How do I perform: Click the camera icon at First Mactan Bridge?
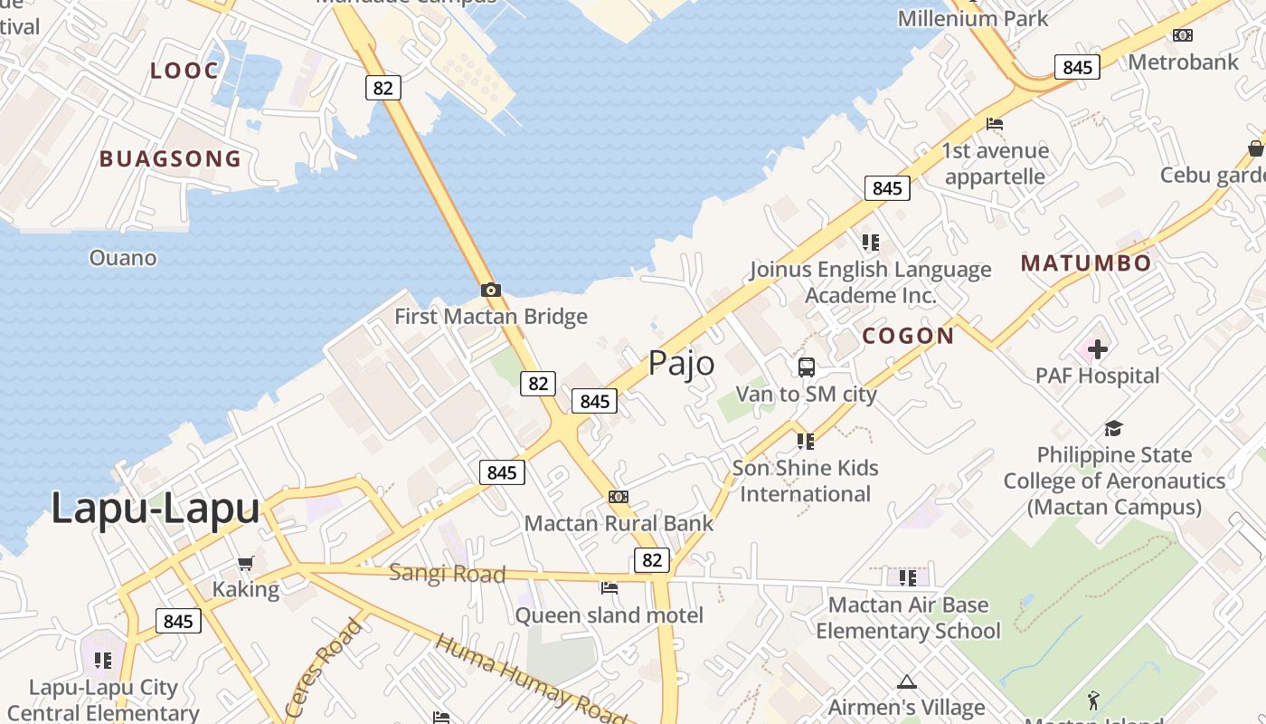(491, 290)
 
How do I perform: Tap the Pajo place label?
(681, 364)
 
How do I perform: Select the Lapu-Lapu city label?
(155, 509)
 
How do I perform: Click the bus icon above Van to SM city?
(806, 367)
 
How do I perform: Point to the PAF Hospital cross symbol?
(1097, 348)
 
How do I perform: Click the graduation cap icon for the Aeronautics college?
(1113, 428)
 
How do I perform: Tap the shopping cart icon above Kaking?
(245, 564)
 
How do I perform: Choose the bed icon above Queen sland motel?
(609, 588)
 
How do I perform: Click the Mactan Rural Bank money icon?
(619, 497)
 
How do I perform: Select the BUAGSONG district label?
(170, 159)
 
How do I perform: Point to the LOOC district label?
(184, 71)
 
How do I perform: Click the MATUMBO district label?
(1086, 263)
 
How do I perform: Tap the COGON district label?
(908, 336)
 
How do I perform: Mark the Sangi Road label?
(447, 574)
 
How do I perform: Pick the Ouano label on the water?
(123, 258)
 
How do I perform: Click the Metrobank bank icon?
(1182, 35)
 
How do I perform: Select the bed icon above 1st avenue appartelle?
(995, 124)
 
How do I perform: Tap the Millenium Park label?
(972, 18)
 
